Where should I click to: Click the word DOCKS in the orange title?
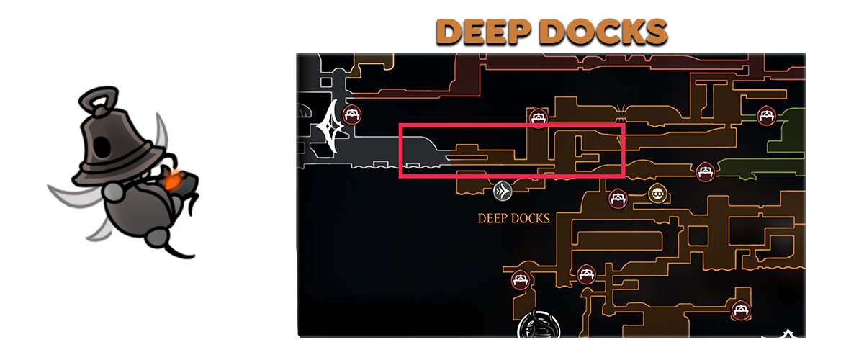pyautogui.click(x=606, y=32)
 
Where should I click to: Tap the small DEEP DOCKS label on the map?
pyautogui.click(x=513, y=218)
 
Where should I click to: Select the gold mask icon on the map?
pyautogui.click(x=656, y=192)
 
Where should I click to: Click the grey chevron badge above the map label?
pyautogui.click(x=503, y=191)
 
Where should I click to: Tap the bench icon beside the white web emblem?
pyautogui.click(x=352, y=113)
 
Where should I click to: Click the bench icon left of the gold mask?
pyautogui.click(x=617, y=198)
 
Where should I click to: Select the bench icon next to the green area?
pyautogui.click(x=765, y=114)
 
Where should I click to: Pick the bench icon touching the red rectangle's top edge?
pyautogui.click(x=537, y=118)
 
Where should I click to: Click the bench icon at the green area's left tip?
pyautogui.click(x=705, y=171)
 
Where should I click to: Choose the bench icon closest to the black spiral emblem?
pyautogui.click(x=520, y=280)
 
